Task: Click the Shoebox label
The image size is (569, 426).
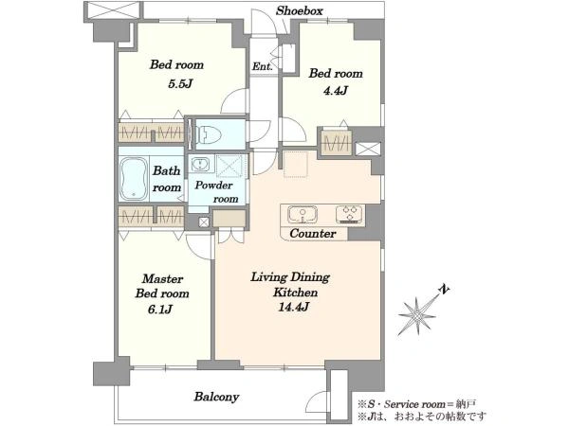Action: [299, 10]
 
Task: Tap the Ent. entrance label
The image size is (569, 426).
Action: [263, 66]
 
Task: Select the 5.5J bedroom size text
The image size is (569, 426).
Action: [180, 84]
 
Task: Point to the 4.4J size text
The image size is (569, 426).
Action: [336, 90]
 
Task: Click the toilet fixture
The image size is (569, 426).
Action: [209, 134]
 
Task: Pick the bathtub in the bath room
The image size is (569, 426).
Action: [134, 179]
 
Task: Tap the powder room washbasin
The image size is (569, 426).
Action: [199, 164]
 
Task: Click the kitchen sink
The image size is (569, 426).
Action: [303, 215]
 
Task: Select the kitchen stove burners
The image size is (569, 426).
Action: [349, 214]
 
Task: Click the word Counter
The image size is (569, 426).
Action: [313, 234]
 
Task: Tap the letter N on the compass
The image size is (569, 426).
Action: [444, 290]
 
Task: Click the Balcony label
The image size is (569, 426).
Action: [216, 397]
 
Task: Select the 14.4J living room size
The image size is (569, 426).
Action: [293, 307]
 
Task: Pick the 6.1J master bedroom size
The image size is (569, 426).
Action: [160, 310]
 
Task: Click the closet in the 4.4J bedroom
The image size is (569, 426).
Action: [337, 142]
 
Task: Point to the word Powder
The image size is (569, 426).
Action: [213, 186]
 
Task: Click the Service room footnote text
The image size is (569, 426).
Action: [416, 404]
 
